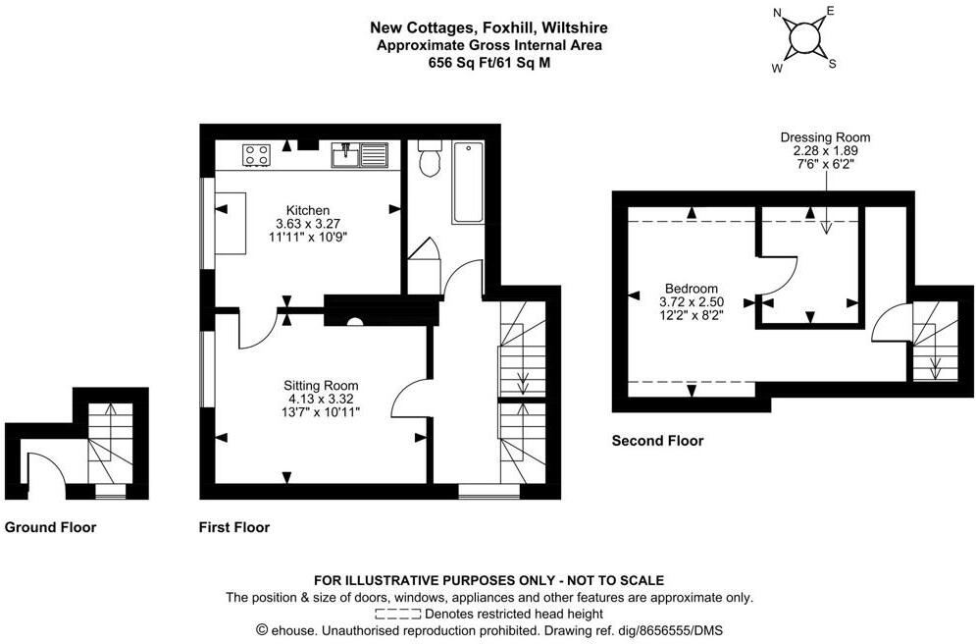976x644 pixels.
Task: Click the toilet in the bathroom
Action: (430, 159)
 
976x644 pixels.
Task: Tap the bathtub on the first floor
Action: (468, 184)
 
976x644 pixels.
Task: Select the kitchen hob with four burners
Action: (257, 154)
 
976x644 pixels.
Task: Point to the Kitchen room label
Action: (307, 210)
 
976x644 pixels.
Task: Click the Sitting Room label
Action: (321, 385)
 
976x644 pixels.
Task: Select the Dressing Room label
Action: (825, 137)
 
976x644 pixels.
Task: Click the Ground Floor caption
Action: (51, 527)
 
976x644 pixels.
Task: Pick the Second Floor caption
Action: (657, 441)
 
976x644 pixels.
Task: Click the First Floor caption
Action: (233, 527)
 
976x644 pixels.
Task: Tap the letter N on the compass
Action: (778, 13)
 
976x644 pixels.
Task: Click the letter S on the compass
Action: (833, 65)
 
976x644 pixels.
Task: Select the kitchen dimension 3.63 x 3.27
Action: (307, 224)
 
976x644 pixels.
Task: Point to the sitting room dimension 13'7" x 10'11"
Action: (321, 412)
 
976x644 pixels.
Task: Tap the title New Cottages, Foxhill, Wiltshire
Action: (487, 29)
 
